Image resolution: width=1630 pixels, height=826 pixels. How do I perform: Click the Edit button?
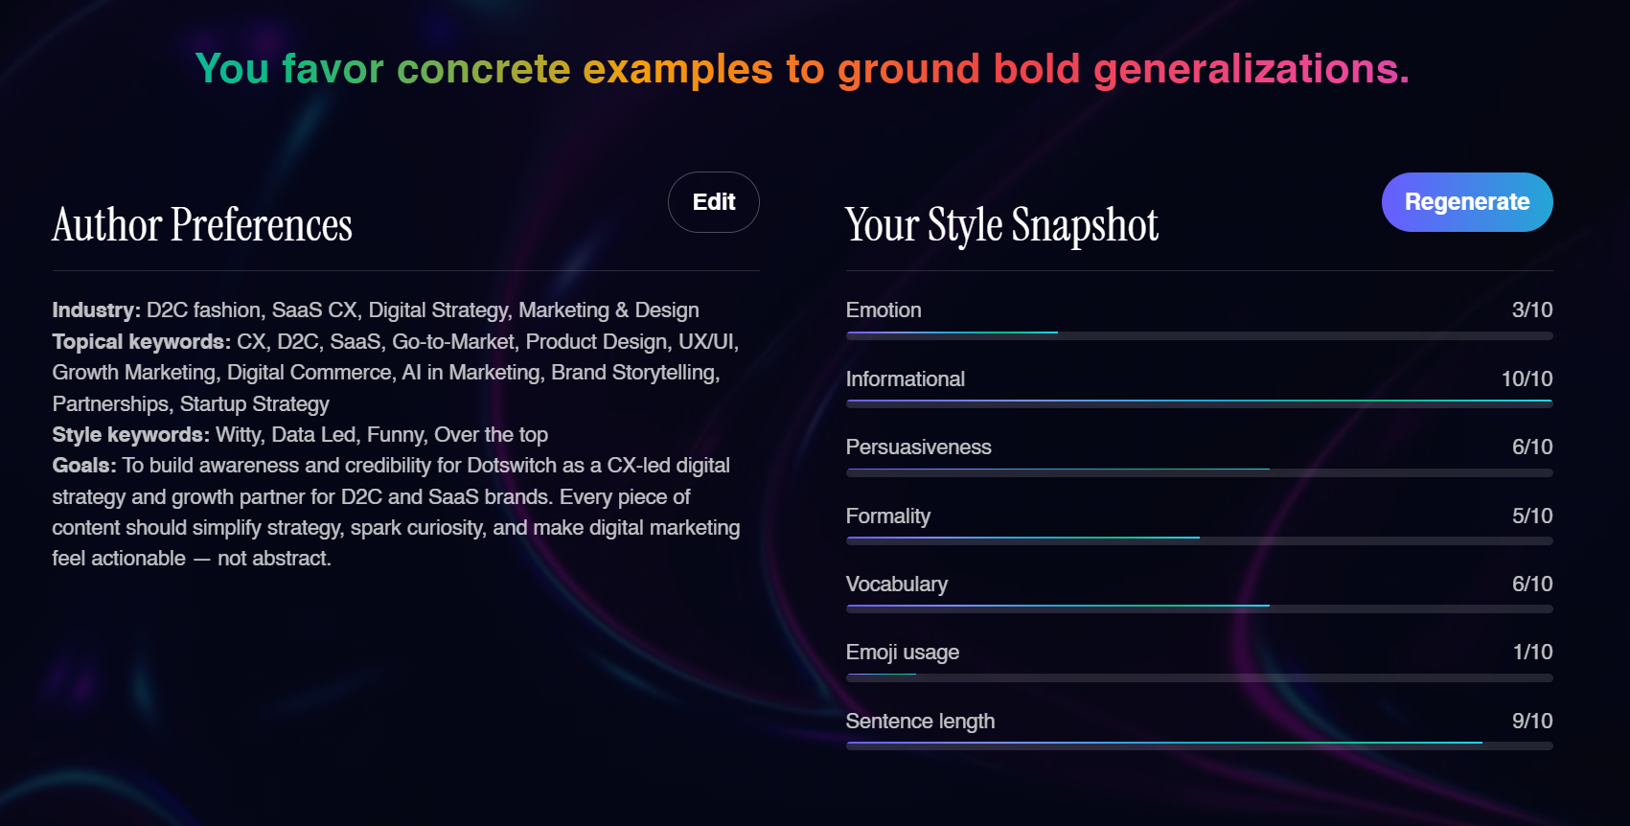click(x=713, y=202)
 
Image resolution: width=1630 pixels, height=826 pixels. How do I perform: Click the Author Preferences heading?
click(x=202, y=225)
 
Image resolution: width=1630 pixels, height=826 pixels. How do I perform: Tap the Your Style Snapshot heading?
click(x=1001, y=225)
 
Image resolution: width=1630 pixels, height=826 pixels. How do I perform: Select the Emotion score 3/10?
click(x=1531, y=310)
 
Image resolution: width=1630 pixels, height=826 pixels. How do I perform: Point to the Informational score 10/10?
click(x=1526, y=379)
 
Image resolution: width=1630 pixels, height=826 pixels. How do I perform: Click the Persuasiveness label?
click(x=918, y=447)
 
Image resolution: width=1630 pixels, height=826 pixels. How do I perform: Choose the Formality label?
click(x=887, y=516)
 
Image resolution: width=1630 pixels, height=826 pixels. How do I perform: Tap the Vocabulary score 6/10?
click(x=1531, y=585)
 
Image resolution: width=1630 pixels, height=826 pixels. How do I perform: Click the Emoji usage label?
click(x=902, y=653)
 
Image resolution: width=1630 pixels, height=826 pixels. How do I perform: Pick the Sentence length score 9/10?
click(x=1531, y=722)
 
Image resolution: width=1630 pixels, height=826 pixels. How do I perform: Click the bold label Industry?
click(x=96, y=310)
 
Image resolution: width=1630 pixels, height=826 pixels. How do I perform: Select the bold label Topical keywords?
click(x=141, y=342)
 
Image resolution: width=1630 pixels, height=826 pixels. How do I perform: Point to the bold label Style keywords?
click(x=130, y=435)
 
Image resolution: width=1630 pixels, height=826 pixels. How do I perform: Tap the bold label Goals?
click(x=84, y=466)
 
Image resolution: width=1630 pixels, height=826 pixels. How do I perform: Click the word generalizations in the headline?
click(x=1251, y=69)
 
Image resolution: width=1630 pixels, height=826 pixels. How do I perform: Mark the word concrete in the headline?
click(x=483, y=69)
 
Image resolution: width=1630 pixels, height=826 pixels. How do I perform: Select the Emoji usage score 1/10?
click(x=1531, y=653)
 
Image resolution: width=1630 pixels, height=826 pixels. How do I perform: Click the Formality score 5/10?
click(x=1531, y=516)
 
